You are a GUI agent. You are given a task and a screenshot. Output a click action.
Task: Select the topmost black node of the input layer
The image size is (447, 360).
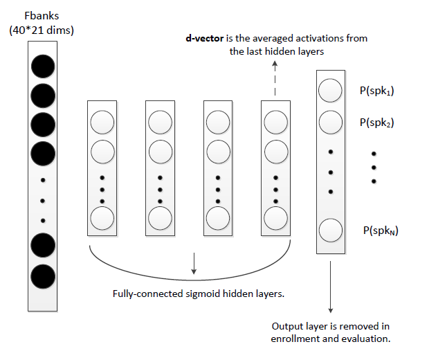tap(43, 66)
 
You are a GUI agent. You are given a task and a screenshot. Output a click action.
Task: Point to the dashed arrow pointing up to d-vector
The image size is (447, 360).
tap(275, 78)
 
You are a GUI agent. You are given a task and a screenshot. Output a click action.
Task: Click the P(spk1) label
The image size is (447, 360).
tap(376, 91)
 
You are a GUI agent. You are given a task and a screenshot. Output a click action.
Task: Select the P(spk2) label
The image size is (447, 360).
tap(376, 123)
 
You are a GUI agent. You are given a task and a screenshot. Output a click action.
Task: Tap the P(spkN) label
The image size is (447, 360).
tap(380, 230)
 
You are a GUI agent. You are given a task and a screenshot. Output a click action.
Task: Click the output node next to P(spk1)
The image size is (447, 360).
tap(330, 91)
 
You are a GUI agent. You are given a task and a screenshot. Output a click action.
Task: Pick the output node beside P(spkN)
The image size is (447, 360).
tap(330, 230)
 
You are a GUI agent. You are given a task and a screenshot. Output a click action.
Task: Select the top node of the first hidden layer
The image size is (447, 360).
tap(102, 123)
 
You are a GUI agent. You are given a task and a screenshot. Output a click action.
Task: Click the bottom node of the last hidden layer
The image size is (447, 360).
tap(275, 217)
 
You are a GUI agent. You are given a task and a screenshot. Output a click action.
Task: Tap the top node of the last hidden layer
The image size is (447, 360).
tap(275, 123)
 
